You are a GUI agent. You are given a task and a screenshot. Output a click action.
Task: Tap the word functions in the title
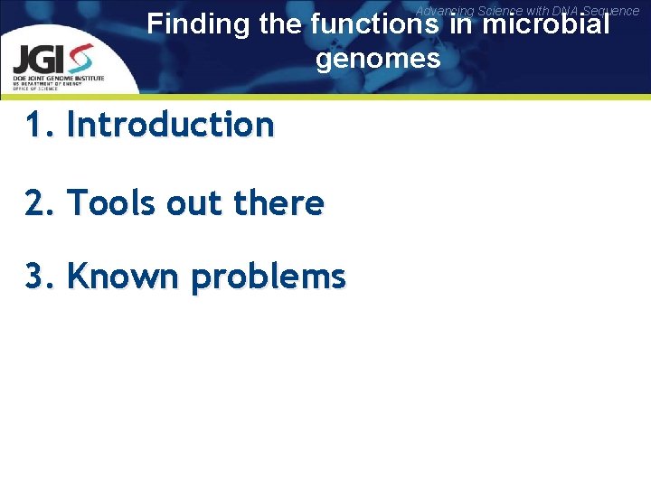tap(368, 24)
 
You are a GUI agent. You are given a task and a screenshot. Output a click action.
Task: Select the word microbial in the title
tap(546, 24)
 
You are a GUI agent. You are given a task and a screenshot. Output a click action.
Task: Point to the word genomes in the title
tap(378, 60)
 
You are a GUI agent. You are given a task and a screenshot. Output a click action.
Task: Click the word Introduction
tap(170, 125)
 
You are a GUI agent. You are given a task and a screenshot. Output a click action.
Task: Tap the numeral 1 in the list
tap(33, 125)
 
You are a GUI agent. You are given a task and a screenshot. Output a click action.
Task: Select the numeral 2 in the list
tap(34, 203)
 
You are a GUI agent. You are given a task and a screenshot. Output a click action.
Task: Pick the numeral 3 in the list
tap(34, 277)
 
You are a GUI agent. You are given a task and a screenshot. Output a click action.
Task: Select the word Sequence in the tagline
tap(612, 11)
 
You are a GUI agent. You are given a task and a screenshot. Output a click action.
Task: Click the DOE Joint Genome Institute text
tap(59, 79)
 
